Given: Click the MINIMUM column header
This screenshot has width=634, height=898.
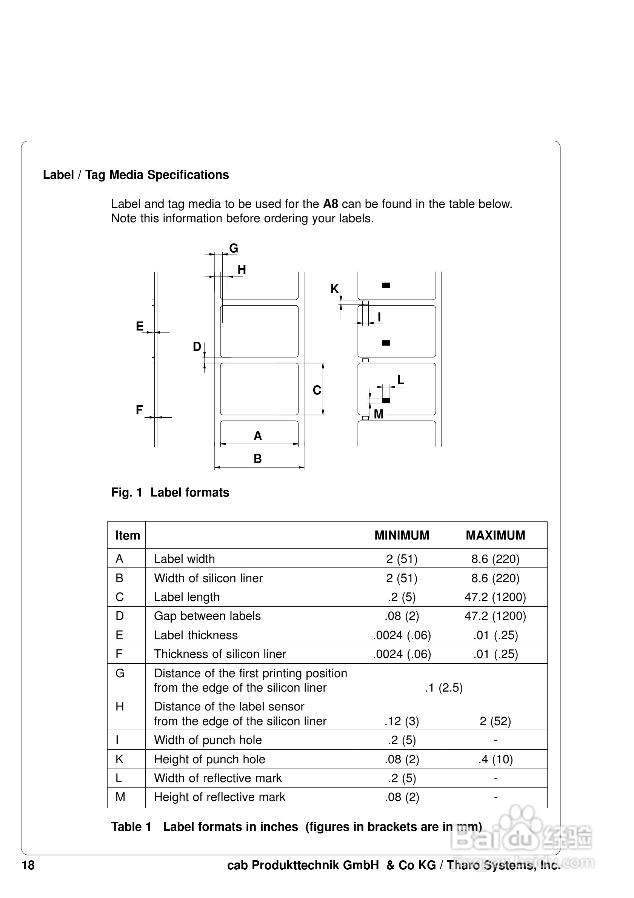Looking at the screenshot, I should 402,535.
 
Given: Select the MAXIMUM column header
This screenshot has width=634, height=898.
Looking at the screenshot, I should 495,535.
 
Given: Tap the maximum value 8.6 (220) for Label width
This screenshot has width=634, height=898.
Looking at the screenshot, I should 495,559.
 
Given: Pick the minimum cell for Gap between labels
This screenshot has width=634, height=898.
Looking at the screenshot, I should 402,616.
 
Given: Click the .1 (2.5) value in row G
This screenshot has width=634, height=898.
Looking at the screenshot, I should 443,687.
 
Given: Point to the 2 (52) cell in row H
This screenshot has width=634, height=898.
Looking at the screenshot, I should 495,721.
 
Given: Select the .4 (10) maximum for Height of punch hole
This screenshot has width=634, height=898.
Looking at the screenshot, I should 495,759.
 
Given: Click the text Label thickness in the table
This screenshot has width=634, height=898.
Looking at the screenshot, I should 195,635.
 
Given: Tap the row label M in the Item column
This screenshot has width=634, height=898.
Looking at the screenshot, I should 120,797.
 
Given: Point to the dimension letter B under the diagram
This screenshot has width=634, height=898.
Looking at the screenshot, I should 257,459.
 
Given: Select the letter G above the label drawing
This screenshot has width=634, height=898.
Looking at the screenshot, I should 234,248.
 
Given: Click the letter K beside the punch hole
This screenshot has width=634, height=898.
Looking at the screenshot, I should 334,289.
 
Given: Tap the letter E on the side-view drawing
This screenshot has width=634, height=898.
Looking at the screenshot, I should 140,326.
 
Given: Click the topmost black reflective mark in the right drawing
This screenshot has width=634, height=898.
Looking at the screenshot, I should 386,286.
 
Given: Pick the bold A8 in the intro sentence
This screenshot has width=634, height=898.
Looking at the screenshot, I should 331,204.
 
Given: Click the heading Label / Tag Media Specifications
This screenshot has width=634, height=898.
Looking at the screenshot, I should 136,175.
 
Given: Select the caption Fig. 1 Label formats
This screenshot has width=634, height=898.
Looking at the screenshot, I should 170,492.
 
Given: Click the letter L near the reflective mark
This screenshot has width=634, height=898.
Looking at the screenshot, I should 400,380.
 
